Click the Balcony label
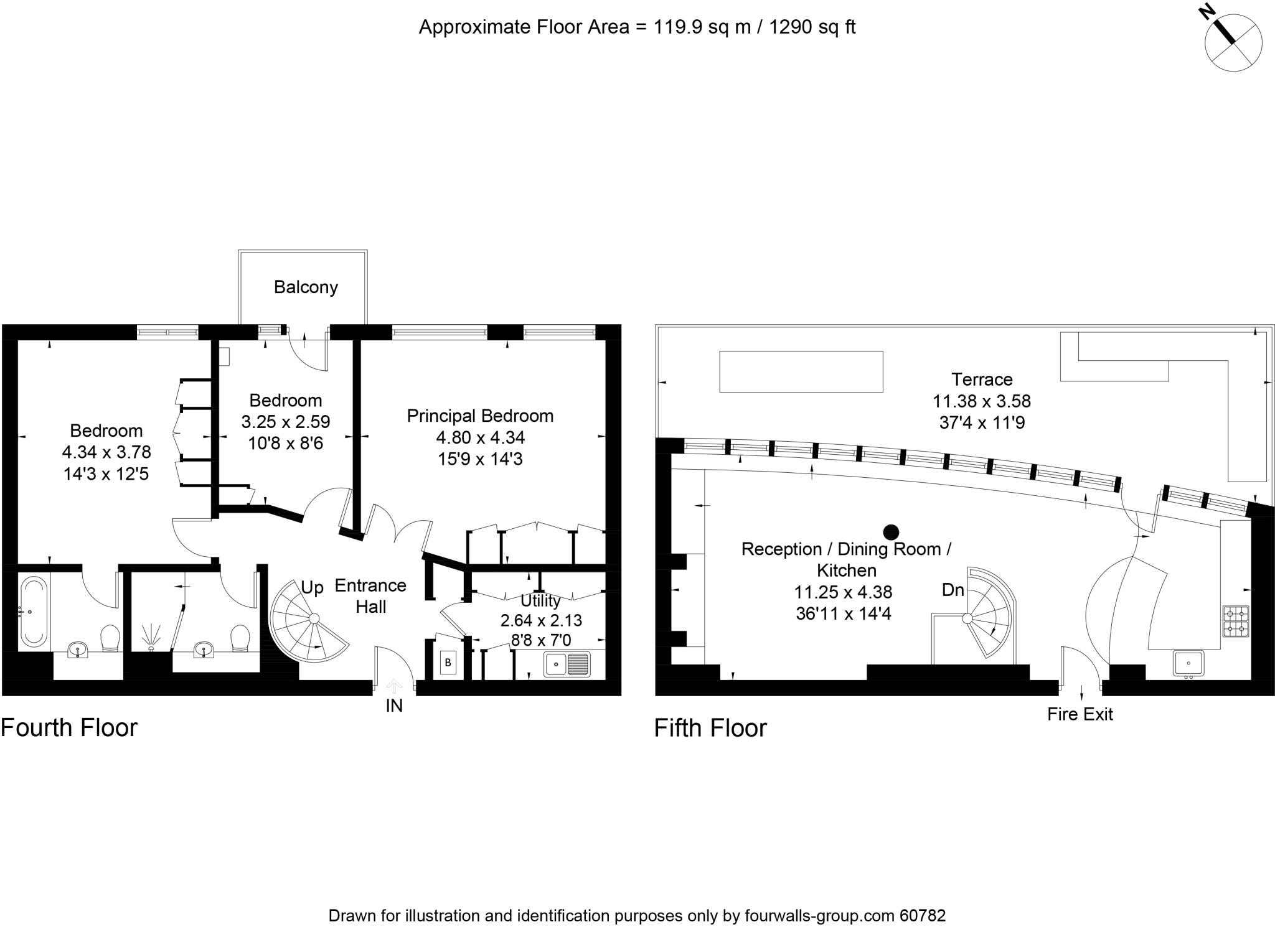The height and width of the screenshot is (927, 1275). tap(306, 287)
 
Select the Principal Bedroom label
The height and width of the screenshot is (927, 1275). tap(480, 416)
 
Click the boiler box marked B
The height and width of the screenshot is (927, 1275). tap(448, 663)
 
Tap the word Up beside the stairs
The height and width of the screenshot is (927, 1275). tap(312, 588)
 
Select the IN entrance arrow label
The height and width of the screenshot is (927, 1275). tap(394, 705)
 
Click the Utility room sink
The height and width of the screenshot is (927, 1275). tap(567, 664)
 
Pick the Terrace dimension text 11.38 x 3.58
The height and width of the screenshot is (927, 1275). tap(981, 401)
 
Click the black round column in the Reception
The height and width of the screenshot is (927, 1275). tap(892, 531)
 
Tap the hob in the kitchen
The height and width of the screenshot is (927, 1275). tap(1235, 622)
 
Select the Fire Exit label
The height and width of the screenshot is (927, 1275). tap(1080, 714)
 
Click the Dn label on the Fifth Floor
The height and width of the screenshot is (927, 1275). tap(953, 590)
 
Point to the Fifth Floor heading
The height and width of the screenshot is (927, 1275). tap(710, 728)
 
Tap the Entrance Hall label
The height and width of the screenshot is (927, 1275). tap(370, 596)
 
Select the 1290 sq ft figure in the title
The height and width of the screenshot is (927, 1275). tap(812, 27)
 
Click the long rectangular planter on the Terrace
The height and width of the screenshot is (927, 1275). tap(801, 371)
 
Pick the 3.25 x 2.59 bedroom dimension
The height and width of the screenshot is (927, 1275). tap(286, 422)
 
